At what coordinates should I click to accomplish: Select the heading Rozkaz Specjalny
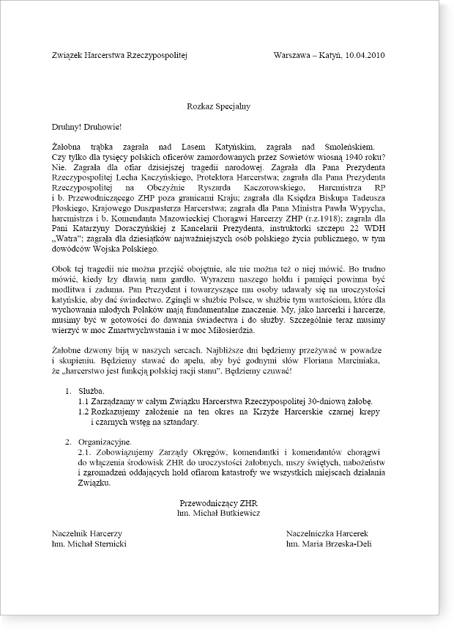coord(219,106)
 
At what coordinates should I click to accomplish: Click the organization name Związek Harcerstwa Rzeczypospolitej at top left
coord(121,55)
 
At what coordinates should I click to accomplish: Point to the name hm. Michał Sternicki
coord(89,545)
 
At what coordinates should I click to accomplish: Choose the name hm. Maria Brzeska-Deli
coord(333,545)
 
